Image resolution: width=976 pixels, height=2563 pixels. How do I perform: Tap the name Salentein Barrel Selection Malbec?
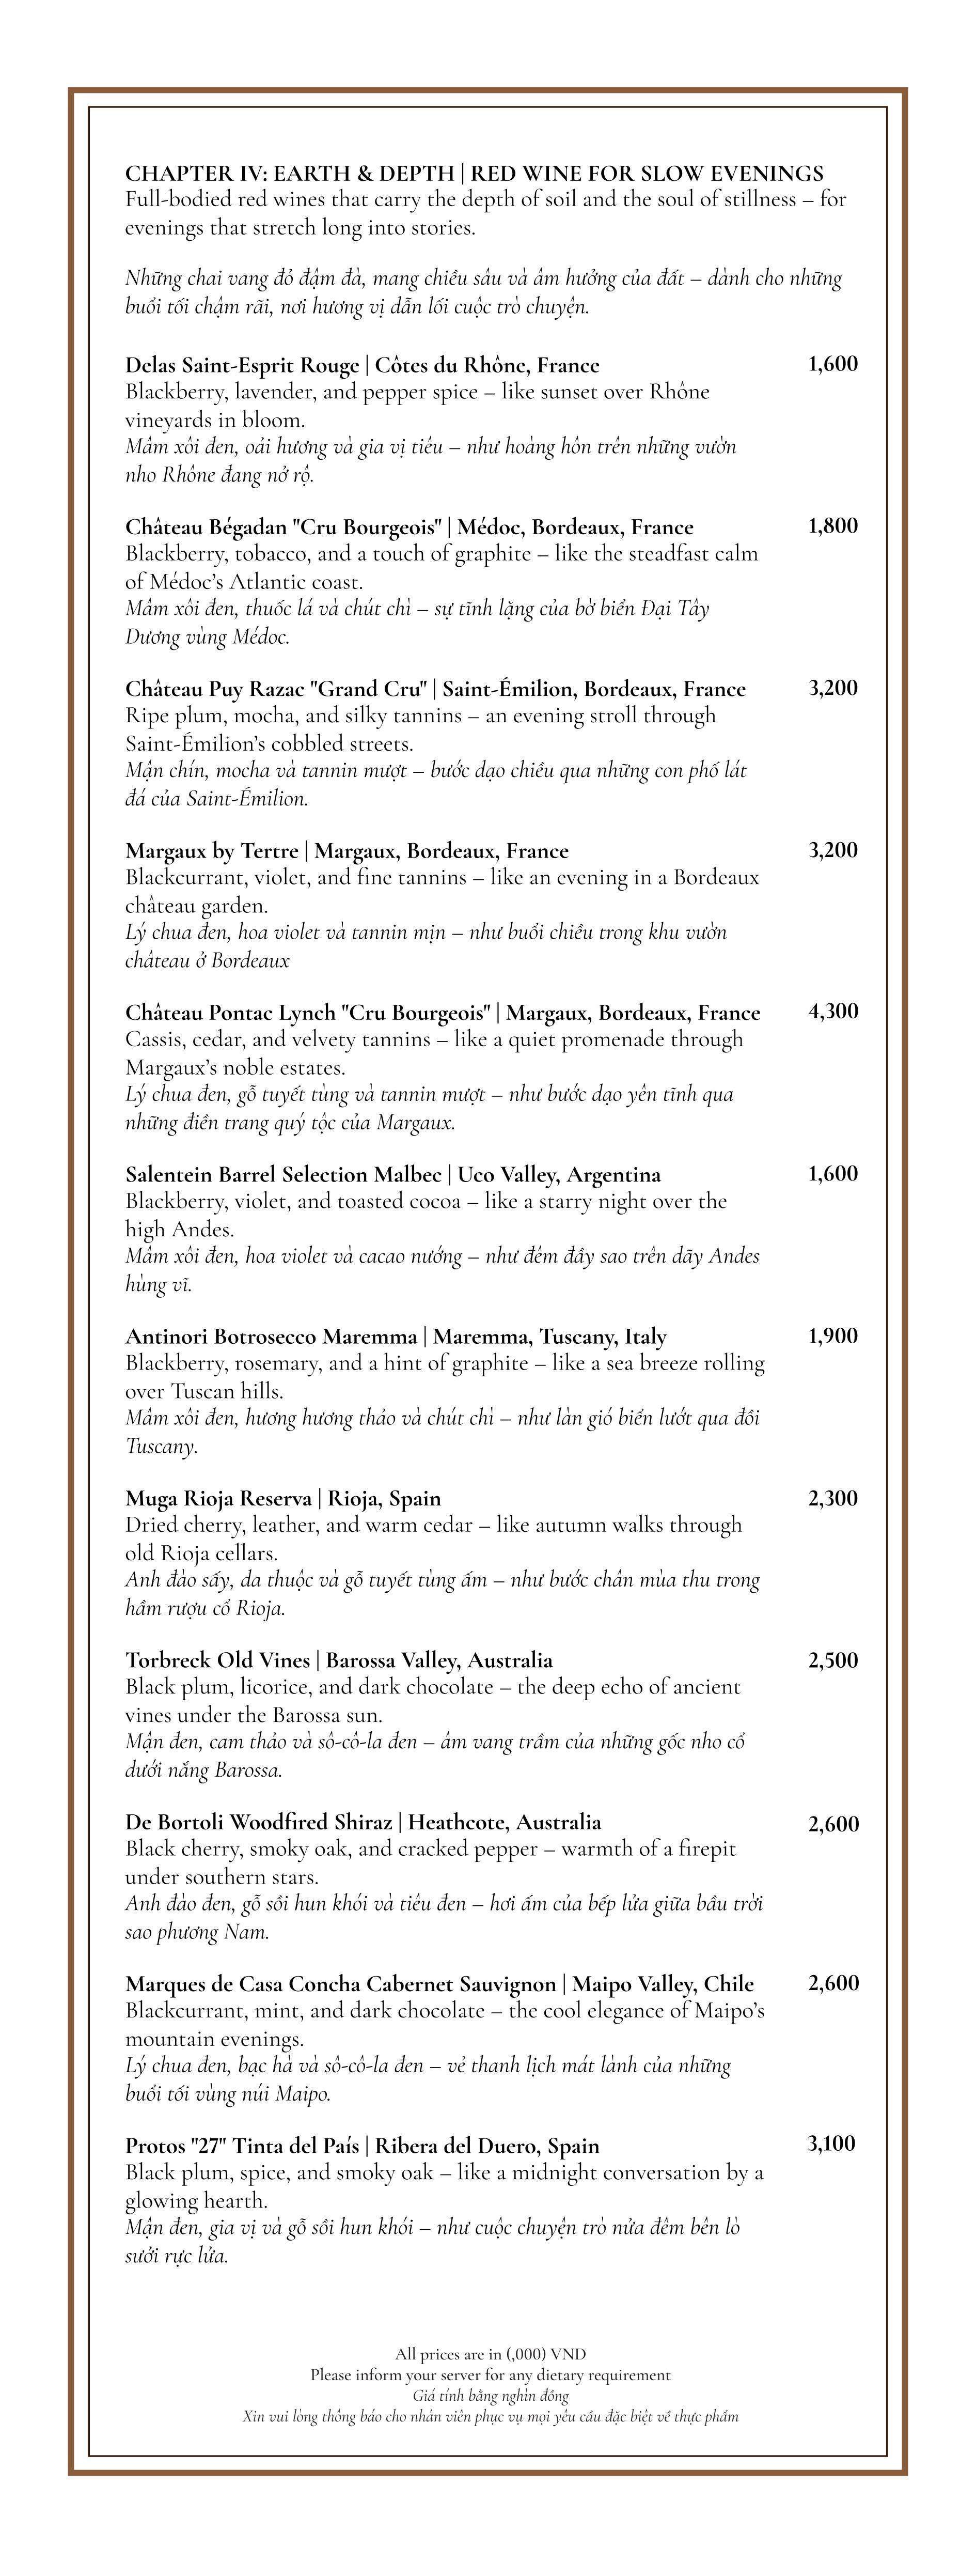282,1175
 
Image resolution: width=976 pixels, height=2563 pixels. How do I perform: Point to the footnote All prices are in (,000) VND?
490,2354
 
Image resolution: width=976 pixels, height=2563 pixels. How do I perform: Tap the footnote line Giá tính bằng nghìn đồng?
490,2396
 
